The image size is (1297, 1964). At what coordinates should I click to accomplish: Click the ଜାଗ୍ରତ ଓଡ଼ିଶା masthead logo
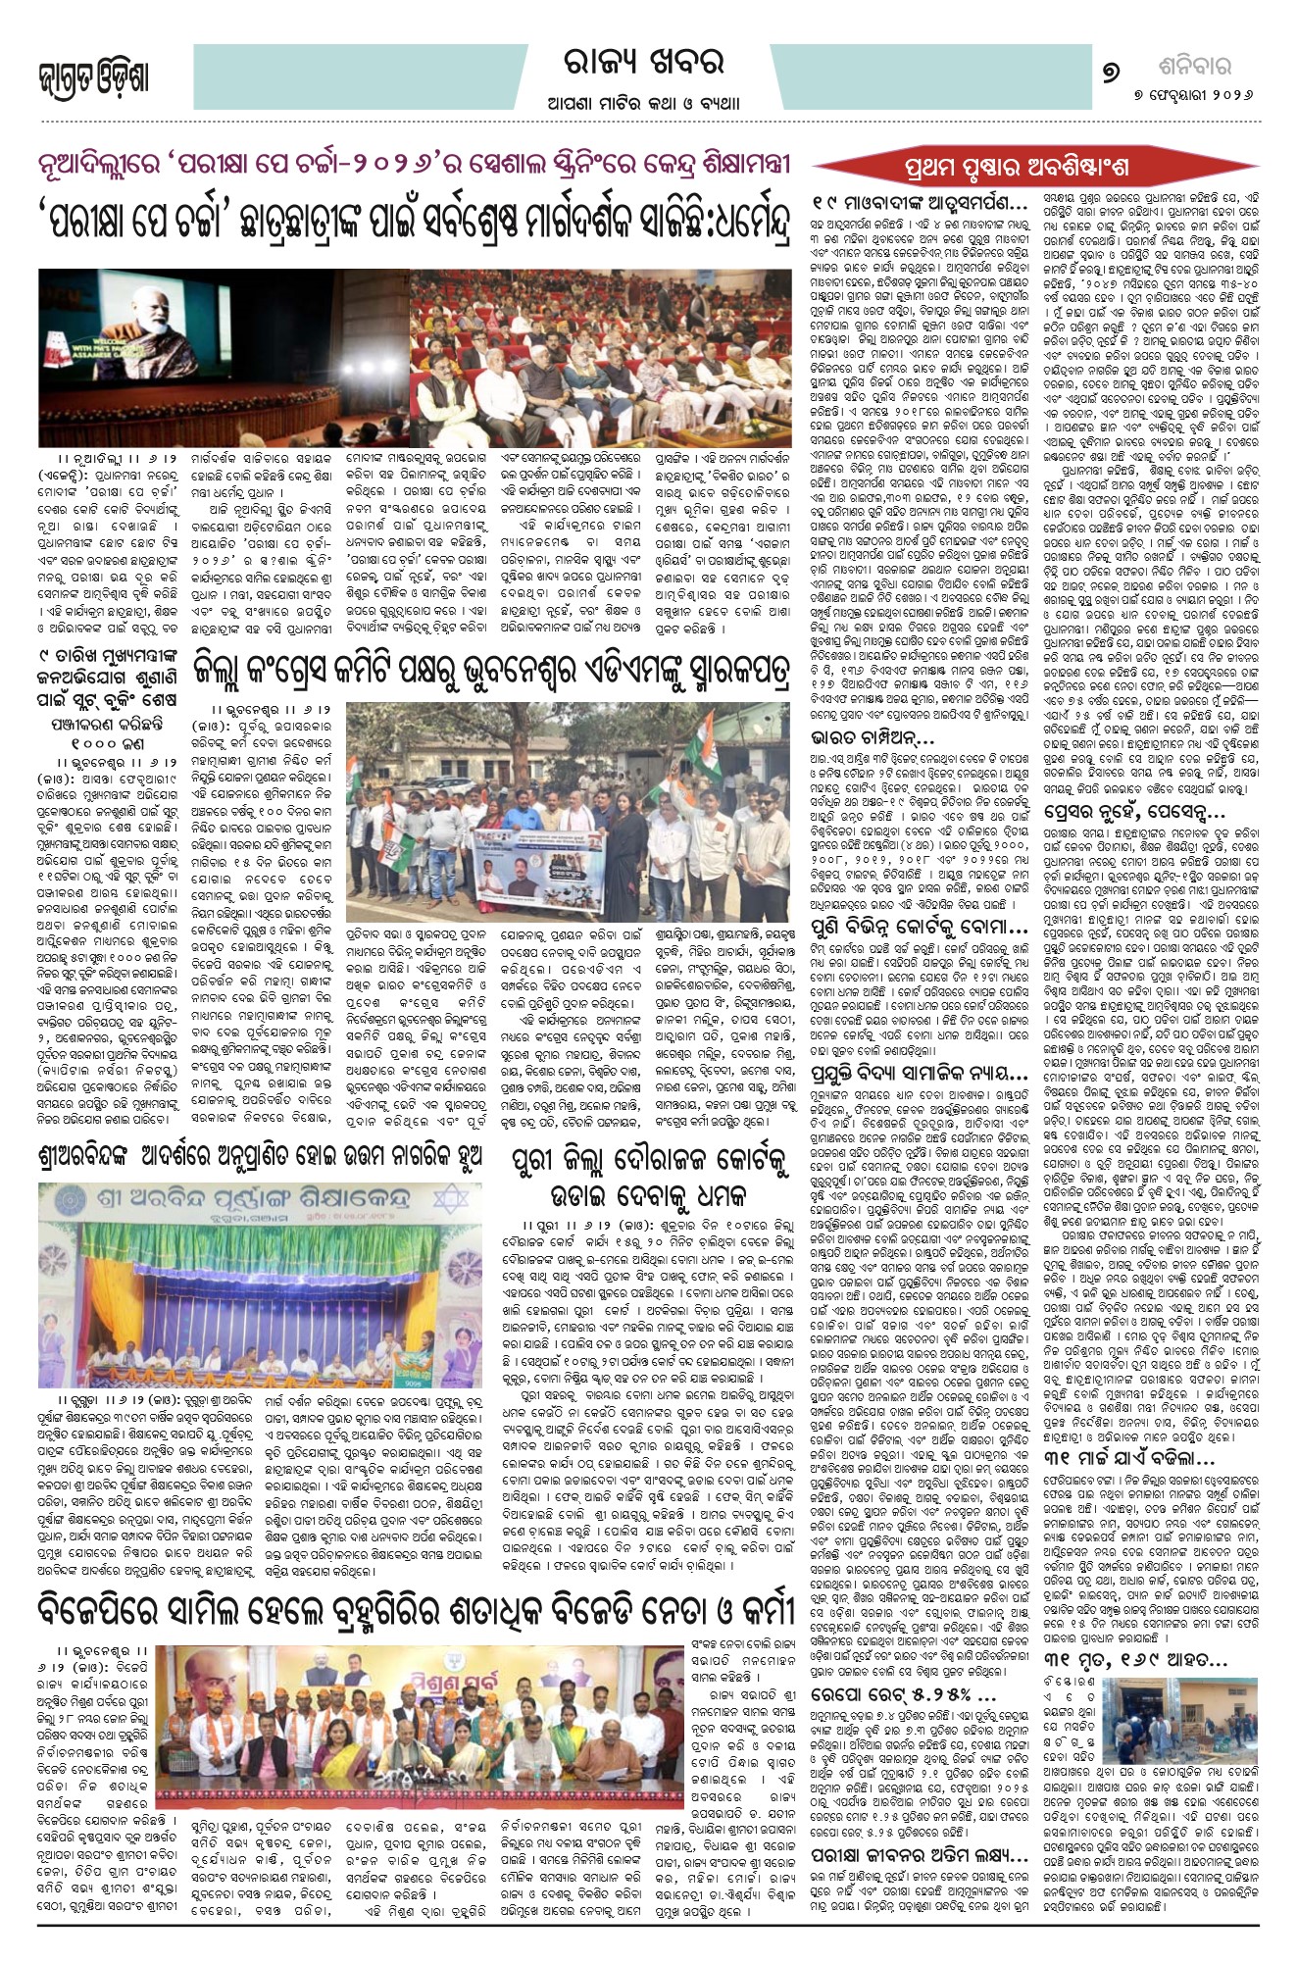click(x=94, y=79)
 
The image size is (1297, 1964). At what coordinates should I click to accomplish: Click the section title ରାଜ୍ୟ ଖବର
click(x=643, y=65)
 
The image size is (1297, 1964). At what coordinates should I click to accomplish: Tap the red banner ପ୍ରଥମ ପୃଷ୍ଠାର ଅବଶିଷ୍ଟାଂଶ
click(x=1016, y=168)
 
